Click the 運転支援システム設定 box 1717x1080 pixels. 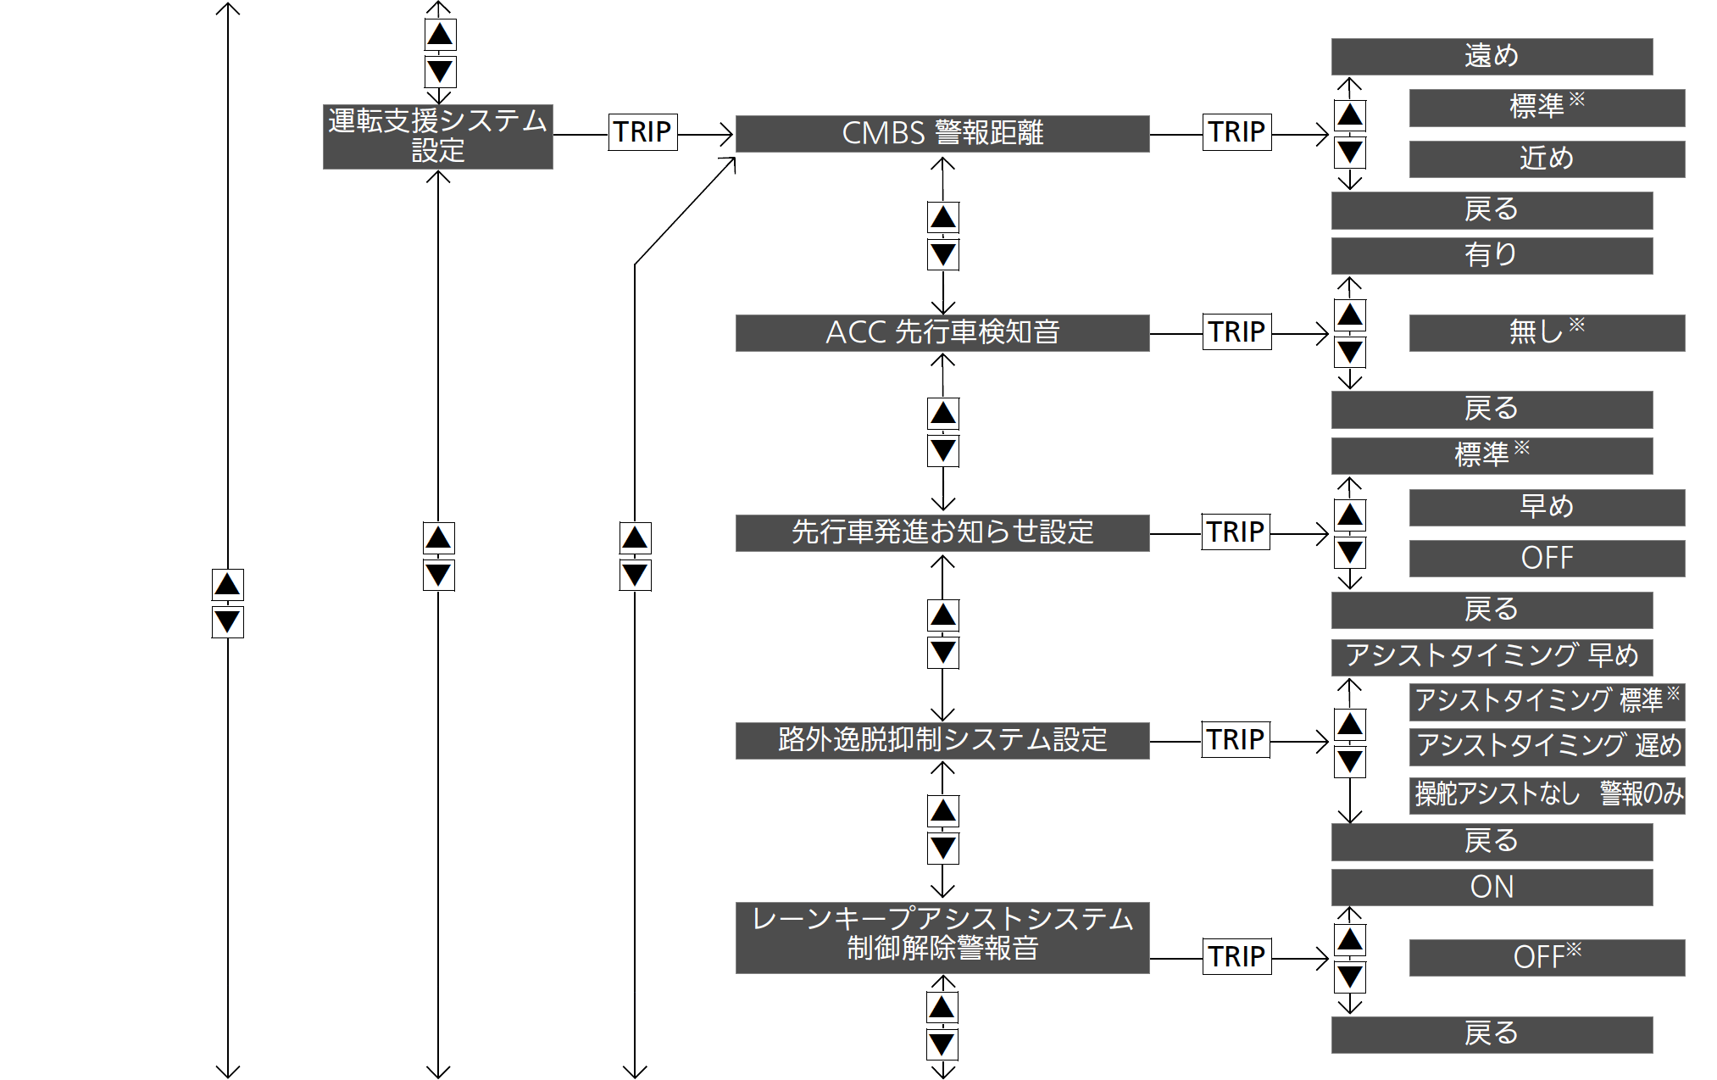[437, 136]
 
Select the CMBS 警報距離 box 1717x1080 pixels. [942, 134]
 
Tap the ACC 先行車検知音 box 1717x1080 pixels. [942, 333]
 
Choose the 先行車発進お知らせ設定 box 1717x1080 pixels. [942, 533]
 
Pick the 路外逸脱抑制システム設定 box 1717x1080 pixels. [942, 741]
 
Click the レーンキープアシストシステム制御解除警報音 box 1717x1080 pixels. [942, 938]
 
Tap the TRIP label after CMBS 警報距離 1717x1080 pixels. [1237, 132]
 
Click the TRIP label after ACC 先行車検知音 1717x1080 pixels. [1237, 332]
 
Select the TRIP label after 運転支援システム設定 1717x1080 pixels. [642, 132]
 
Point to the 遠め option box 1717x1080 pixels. [1492, 57]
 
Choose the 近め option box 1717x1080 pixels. [1547, 159]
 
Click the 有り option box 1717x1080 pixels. [1492, 256]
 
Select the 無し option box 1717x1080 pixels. [1547, 333]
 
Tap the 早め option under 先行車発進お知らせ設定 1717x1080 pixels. [1547, 508]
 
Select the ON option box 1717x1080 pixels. [1492, 888]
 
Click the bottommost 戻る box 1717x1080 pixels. [1492, 1035]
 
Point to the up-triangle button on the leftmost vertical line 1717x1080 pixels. [227, 585]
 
